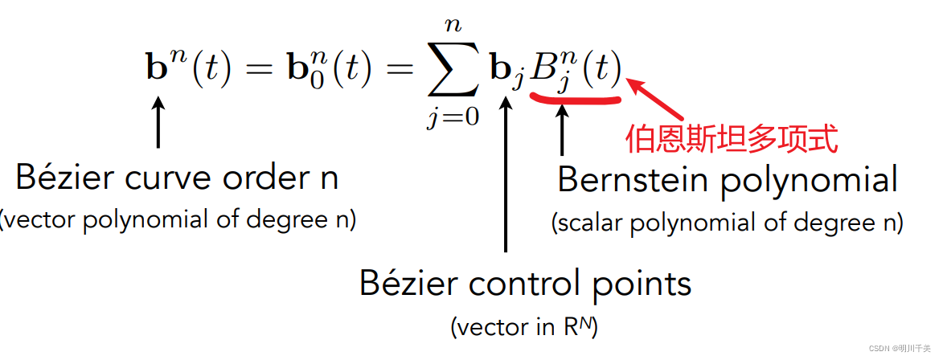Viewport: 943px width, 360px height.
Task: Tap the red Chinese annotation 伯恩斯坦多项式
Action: [732, 138]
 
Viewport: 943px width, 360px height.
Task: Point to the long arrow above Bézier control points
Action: [506, 177]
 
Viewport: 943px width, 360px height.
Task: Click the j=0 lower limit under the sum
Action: [453, 118]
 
